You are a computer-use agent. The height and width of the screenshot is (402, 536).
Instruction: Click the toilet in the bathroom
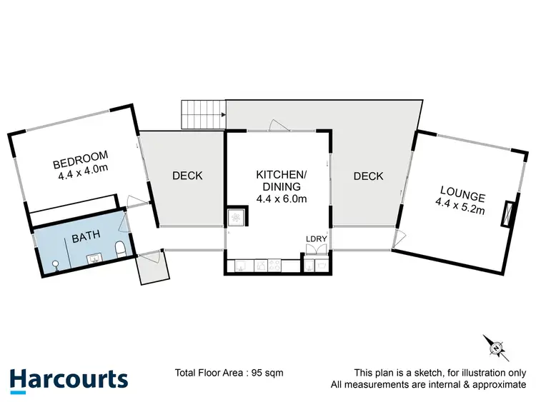(121, 250)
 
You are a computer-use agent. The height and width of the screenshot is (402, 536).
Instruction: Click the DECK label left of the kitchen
(187, 176)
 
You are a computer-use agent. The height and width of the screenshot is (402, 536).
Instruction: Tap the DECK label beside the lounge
(368, 176)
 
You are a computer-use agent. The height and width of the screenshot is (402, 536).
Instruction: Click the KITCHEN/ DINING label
(281, 181)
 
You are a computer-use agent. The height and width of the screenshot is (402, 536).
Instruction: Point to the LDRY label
(315, 238)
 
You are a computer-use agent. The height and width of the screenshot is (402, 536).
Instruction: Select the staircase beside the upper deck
(203, 114)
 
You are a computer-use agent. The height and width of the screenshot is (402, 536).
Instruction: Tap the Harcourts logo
(69, 378)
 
